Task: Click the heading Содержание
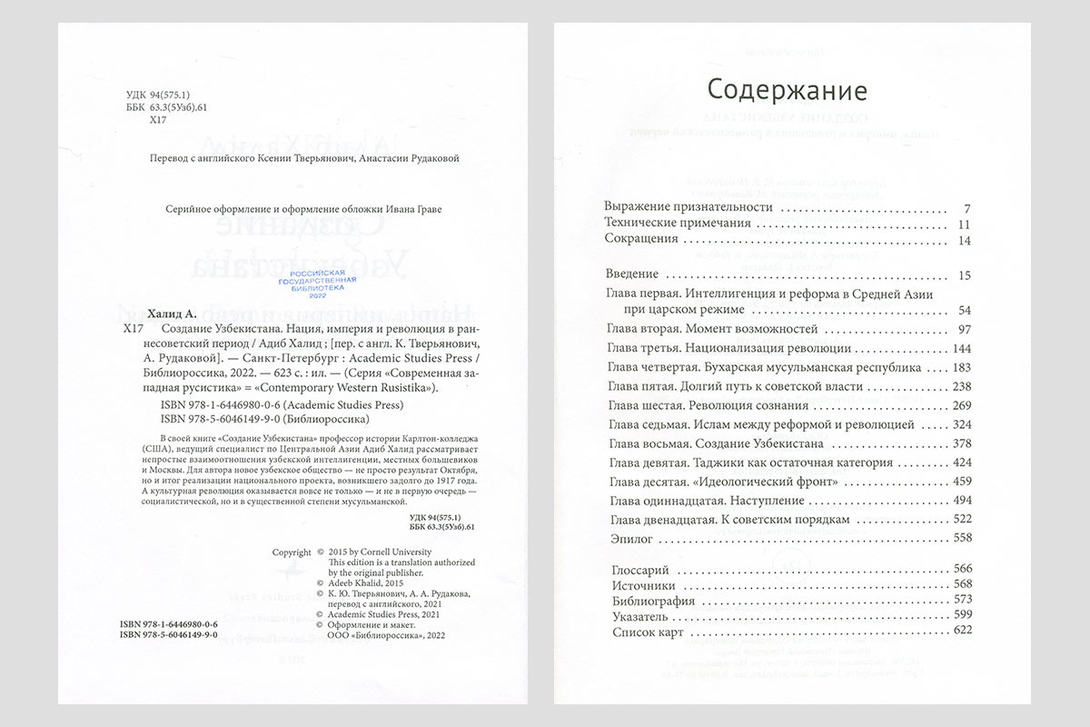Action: [x=787, y=91]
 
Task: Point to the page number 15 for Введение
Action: [x=965, y=274]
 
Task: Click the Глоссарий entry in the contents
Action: [x=644, y=569]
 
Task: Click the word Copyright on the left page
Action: [x=292, y=552]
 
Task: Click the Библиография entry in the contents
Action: [x=654, y=600]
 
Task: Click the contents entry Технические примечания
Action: [x=678, y=224]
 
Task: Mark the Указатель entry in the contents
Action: [x=641, y=615]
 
